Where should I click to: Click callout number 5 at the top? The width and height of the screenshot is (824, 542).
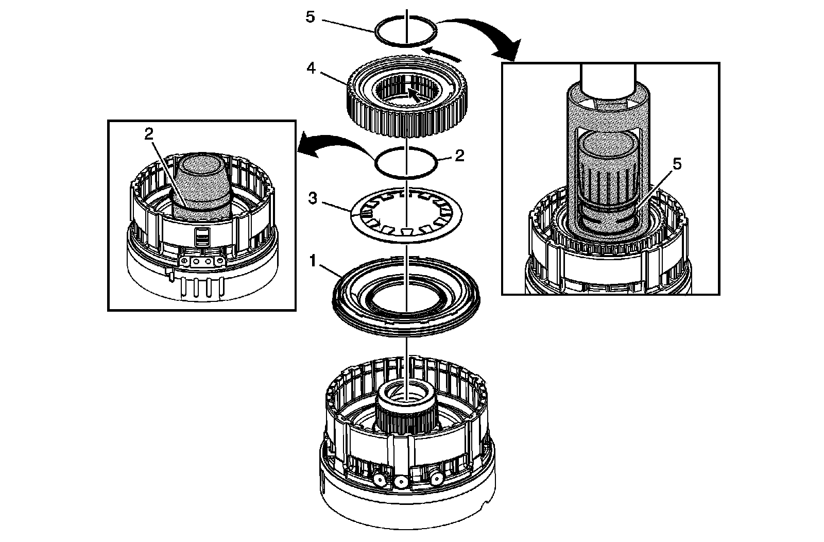(x=310, y=16)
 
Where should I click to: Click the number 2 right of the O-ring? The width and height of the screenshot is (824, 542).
(x=459, y=155)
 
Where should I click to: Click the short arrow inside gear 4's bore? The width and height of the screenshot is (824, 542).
(x=413, y=94)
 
